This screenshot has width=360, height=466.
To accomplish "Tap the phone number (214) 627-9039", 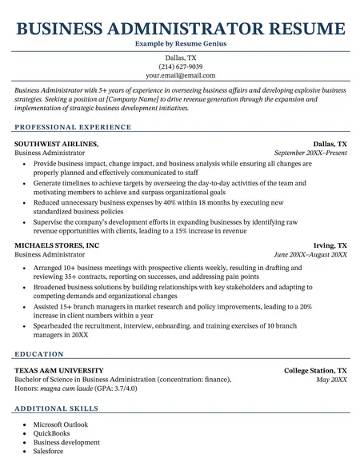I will (180, 66).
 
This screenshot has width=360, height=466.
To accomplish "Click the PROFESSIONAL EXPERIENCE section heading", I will (73, 127).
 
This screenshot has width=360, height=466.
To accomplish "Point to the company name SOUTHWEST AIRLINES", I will (56, 143).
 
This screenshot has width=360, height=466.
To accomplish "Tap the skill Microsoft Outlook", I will (61, 424).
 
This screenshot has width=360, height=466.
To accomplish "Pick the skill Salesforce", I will (50, 452).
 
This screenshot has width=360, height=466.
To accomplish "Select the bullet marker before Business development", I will (25, 443).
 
